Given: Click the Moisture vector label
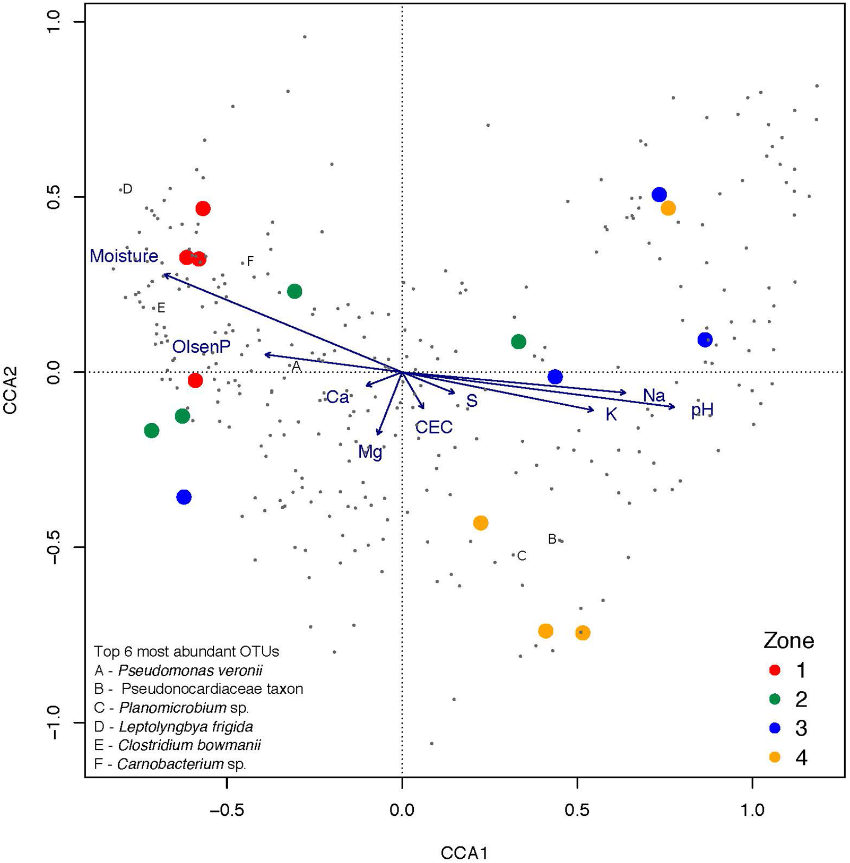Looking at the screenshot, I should pos(124,256).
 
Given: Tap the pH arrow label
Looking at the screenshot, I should pos(702,410).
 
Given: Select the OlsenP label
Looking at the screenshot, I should pos(201,347).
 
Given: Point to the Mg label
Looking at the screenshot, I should pos(370,452).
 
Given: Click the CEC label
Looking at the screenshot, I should pos(433,428).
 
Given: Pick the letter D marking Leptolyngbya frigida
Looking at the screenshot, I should pos(127,189).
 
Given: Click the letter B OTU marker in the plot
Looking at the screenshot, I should pos(552,539).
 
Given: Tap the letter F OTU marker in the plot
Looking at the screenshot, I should pos(250,261).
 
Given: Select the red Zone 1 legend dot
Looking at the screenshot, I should pos(775,670).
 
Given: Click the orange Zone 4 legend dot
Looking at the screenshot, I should pos(775,757).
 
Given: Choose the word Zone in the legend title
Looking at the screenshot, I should pos(788,641).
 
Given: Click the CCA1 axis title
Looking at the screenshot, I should pos(464,853).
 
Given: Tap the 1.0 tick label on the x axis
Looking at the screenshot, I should pos(752,810).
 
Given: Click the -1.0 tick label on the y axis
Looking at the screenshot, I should pos(55,722).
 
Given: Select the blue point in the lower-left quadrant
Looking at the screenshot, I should pos(184,497).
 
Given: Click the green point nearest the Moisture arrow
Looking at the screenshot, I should pos(294,291).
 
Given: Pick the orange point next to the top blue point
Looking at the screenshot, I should pos(668,208).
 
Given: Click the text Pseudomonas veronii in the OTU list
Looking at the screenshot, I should pos(190,670).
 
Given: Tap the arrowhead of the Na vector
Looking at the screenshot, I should pos(626,393).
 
